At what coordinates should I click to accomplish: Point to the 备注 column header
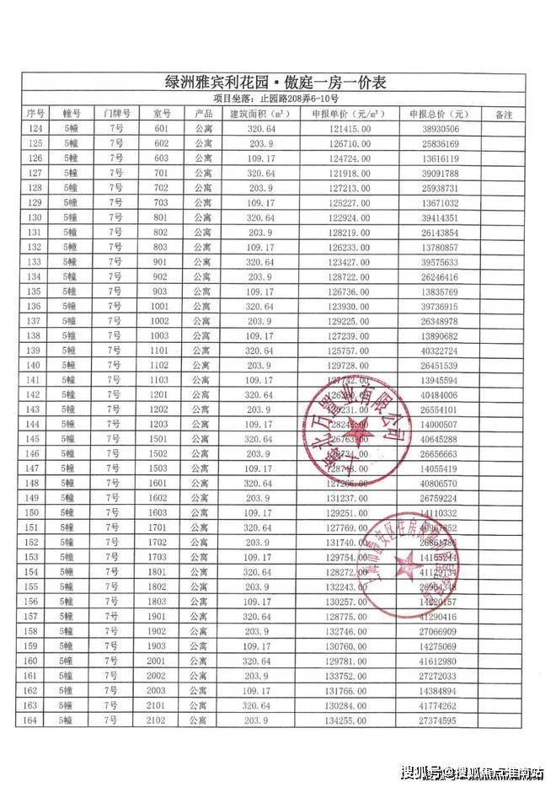[x=504, y=114]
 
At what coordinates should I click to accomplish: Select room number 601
[x=162, y=129]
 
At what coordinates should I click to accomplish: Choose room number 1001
[x=161, y=306]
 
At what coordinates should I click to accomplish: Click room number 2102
[x=161, y=720]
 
